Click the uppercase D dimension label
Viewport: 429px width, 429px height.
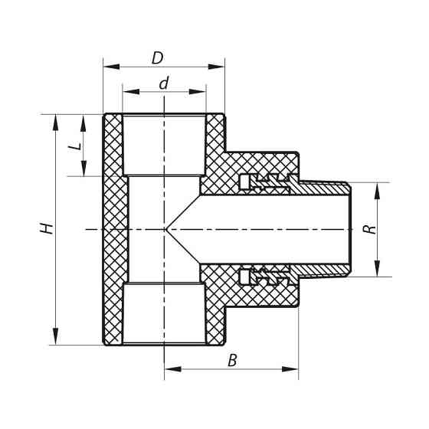[157, 57]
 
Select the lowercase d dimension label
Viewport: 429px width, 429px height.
[163, 84]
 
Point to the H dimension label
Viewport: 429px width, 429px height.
[47, 228]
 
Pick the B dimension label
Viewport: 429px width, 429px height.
[232, 360]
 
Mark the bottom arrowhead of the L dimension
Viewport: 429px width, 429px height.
[83, 170]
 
